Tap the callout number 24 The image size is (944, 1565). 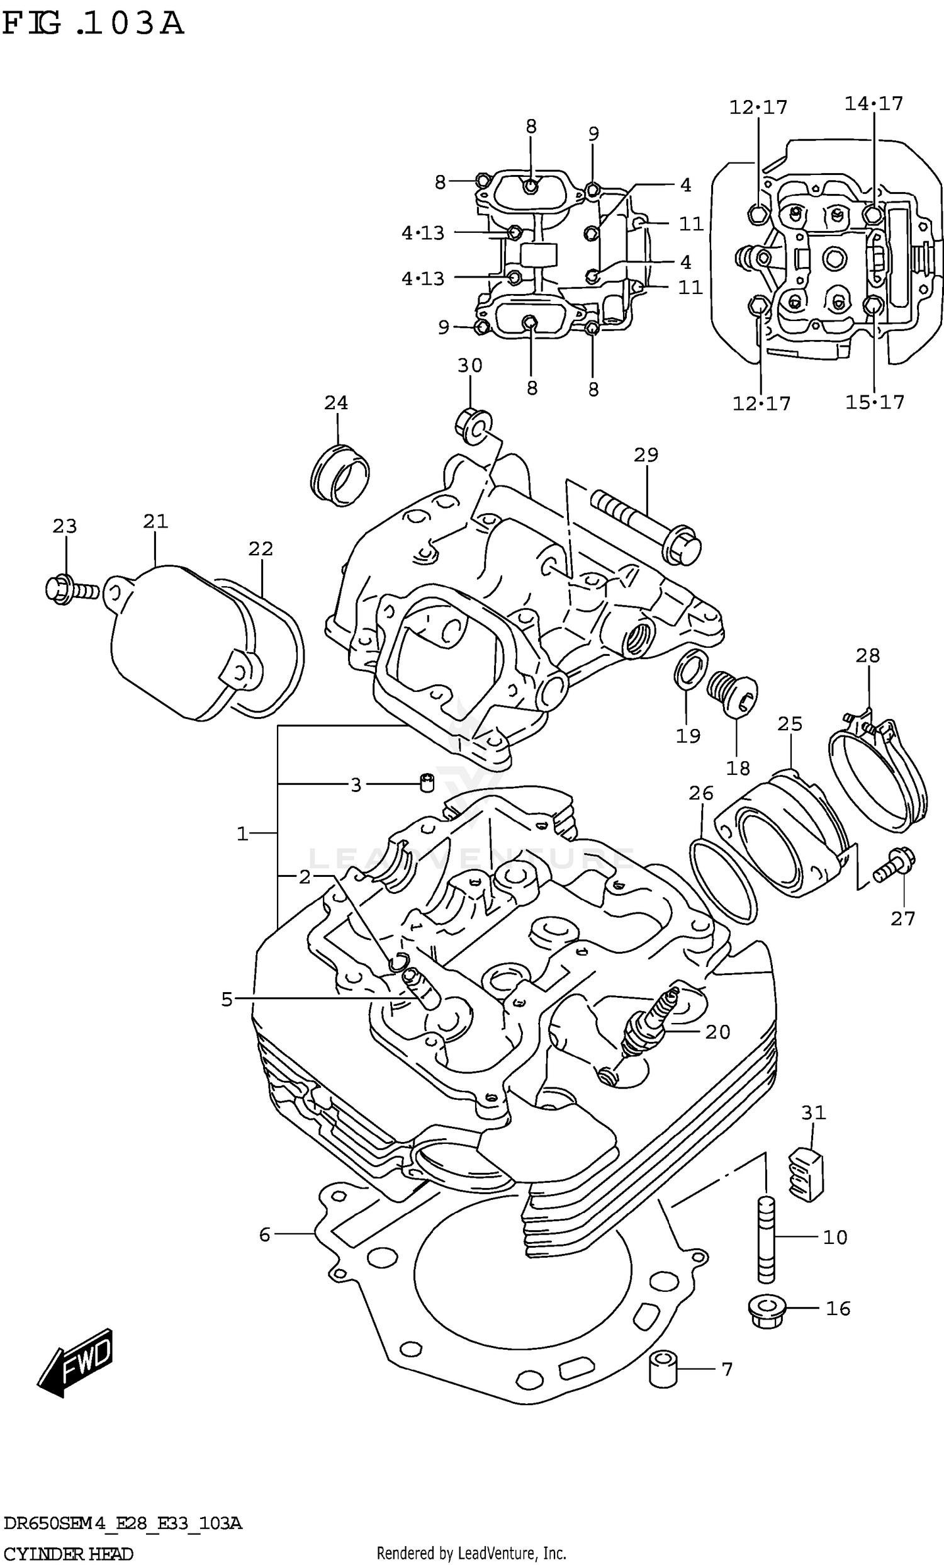pos(336,403)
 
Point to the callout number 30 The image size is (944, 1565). pos(469,365)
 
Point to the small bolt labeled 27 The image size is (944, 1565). pos(896,865)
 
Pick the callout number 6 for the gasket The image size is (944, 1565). pos(265,1234)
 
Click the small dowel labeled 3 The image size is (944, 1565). pos(428,782)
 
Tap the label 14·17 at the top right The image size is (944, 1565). pos(873,103)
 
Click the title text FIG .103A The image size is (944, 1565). pos(93,24)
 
